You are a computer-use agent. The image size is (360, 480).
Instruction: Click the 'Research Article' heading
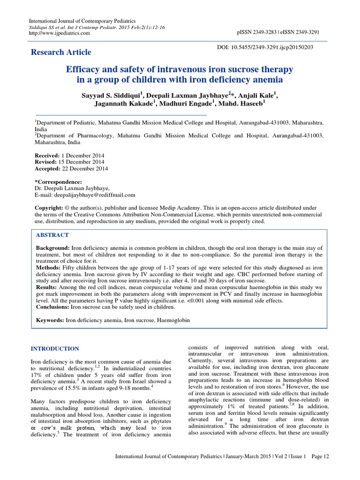point(61,52)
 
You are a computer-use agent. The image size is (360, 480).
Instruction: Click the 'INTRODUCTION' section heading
point(55,349)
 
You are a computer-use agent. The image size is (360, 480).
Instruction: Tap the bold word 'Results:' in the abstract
point(47,286)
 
